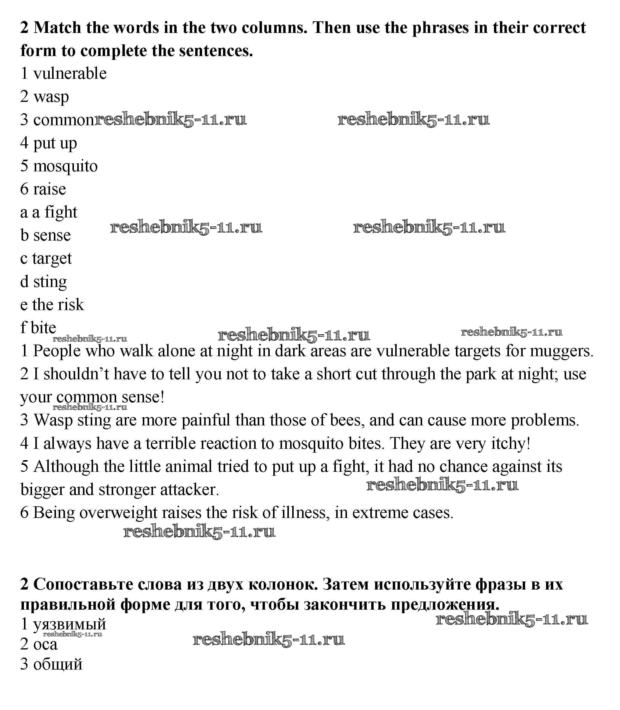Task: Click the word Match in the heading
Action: pyautogui.click(x=57, y=28)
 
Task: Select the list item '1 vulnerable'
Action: pyautogui.click(x=63, y=73)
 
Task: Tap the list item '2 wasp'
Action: pyautogui.click(x=44, y=96)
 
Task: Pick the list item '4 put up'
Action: pyautogui.click(x=48, y=143)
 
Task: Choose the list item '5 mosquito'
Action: pyautogui.click(x=59, y=166)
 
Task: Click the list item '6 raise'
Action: pyautogui.click(x=43, y=189)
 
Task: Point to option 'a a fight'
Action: pyautogui.click(x=48, y=212)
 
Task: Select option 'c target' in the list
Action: pyautogui.click(x=46, y=259)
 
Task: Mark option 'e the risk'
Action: pyautogui.click(x=52, y=305)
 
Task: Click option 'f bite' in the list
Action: pyautogui.click(x=38, y=328)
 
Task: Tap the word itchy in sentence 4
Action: pyautogui.click(x=511, y=443)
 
